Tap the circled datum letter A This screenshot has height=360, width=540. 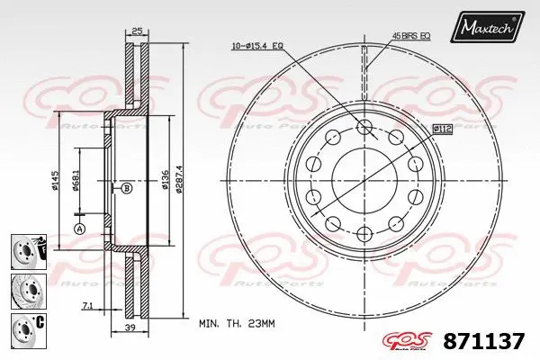click(79, 229)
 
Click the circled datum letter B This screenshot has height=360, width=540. click(126, 188)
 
